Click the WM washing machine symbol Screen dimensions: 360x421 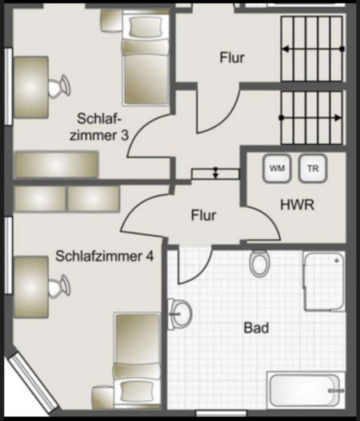pyautogui.click(x=276, y=168)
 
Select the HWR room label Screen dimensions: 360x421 pyautogui.click(x=297, y=205)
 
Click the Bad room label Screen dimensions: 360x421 pyautogui.click(x=256, y=327)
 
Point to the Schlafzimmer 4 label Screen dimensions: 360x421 pyautogui.click(x=104, y=257)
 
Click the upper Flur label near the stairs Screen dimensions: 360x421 pyautogui.click(x=232, y=57)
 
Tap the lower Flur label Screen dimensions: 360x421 pyautogui.click(x=203, y=214)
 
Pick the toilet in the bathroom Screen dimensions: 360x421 pyautogui.click(x=259, y=263)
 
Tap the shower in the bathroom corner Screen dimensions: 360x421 pyautogui.click(x=323, y=281)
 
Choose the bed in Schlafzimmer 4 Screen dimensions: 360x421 pyautogui.click(x=137, y=359)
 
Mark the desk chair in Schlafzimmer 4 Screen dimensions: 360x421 pyautogui.click(x=58, y=287)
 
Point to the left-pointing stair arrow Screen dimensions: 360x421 pyautogui.click(x=312, y=49)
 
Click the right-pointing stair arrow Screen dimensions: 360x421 pyautogui.click(x=312, y=118)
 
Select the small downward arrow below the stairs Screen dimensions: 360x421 pyautogui.click(x=215, y=173)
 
